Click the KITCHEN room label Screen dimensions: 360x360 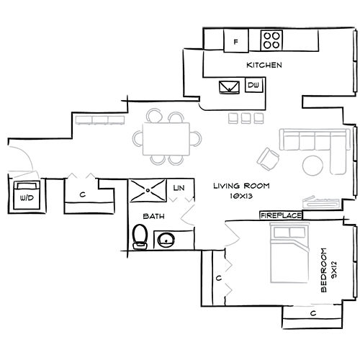coord(264,66)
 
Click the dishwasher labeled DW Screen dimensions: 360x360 coord(253,86)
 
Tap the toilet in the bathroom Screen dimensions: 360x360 coord(140,235)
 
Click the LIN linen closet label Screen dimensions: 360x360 coord(180,189)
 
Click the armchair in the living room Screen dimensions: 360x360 coord(269,156)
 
